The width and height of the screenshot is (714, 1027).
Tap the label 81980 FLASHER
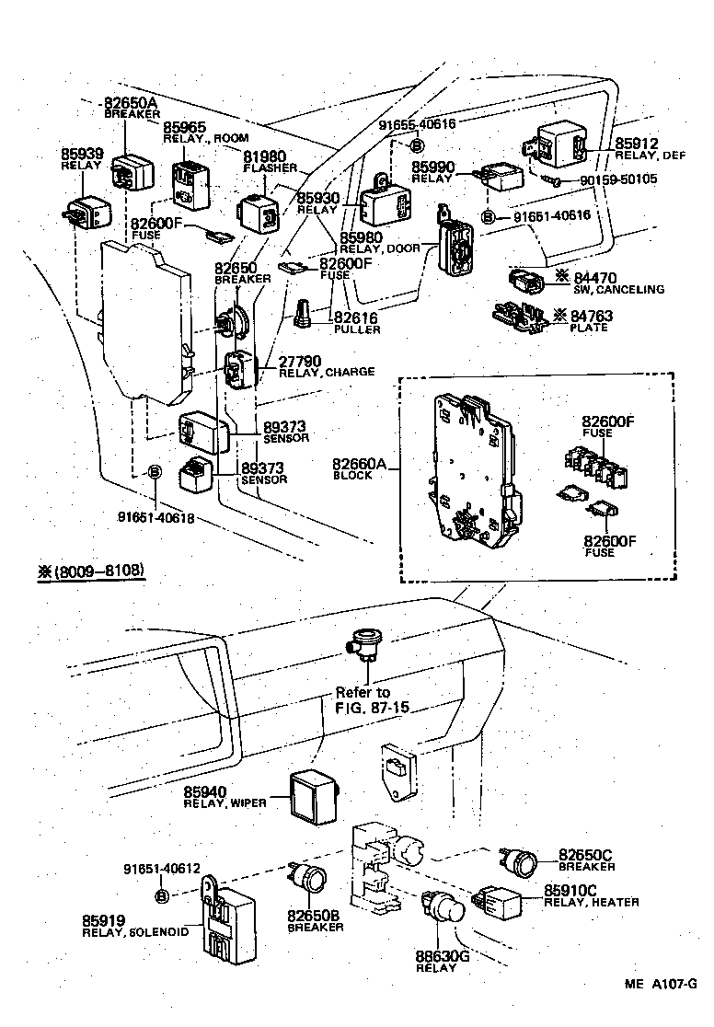coord(268,161)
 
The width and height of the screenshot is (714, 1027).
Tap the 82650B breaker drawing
coord(308,879)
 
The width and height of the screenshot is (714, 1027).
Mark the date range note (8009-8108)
coord(91,571)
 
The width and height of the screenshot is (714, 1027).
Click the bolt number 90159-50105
coord(618,179)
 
